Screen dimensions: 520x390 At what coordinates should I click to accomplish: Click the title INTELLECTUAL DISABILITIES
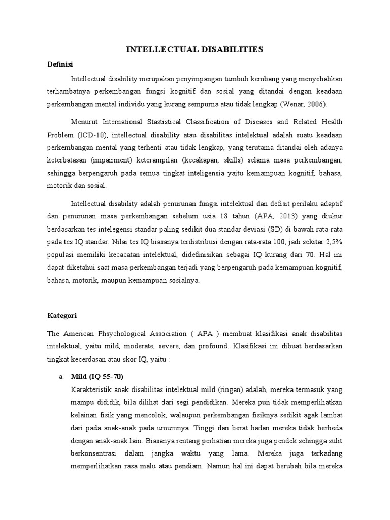click(194, 49)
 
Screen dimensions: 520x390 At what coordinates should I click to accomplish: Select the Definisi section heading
click(60, 64)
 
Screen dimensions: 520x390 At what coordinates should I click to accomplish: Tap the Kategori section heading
click(61, 315)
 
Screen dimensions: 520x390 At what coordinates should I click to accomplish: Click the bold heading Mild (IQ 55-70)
click(96, 376)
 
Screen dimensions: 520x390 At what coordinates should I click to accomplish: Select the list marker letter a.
click(61, 376)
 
